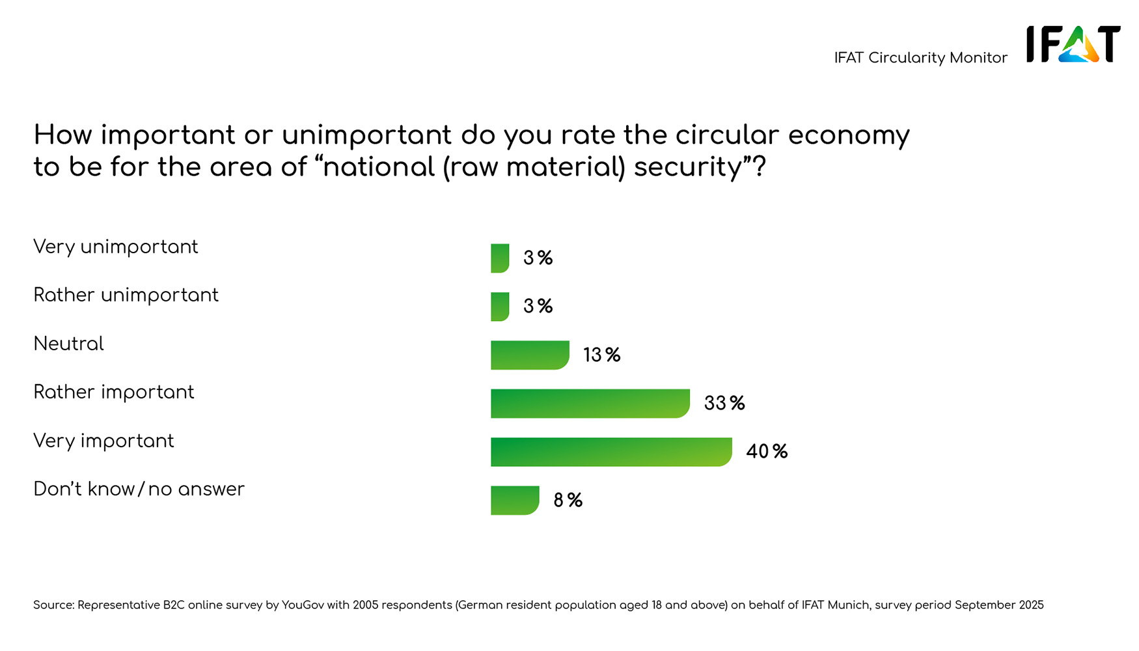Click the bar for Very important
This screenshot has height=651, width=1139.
click(x=611, y=452)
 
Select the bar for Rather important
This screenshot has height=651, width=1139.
click(x=590, y=404)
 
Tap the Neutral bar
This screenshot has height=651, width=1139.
click(x=529, y=355)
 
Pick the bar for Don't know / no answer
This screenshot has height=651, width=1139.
click(x=514, y=501)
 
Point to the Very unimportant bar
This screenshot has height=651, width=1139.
click(x=500, y=258)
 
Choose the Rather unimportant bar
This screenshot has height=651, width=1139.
click(x=500, y=307)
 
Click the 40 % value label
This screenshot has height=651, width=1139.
click(x=767, y=452)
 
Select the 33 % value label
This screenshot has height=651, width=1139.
click(x=724, y=404)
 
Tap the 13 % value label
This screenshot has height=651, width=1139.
click(x=601, y=355)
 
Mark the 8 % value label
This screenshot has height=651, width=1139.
click(x=568, y=501)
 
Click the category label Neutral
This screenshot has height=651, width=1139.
click(x=68, y=344)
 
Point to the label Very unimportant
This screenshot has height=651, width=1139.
click(x=115, y=247)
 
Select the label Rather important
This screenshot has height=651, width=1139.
click(x=113, y=393)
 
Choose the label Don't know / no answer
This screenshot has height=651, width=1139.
click(x=139, y=490)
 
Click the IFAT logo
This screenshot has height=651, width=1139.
click(x=1073, y=44)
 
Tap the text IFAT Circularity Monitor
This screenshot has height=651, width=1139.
click(x=920, y=58)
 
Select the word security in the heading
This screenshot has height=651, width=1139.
click(x=688, y=167)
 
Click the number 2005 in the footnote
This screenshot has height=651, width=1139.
click(x=365, y=605)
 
